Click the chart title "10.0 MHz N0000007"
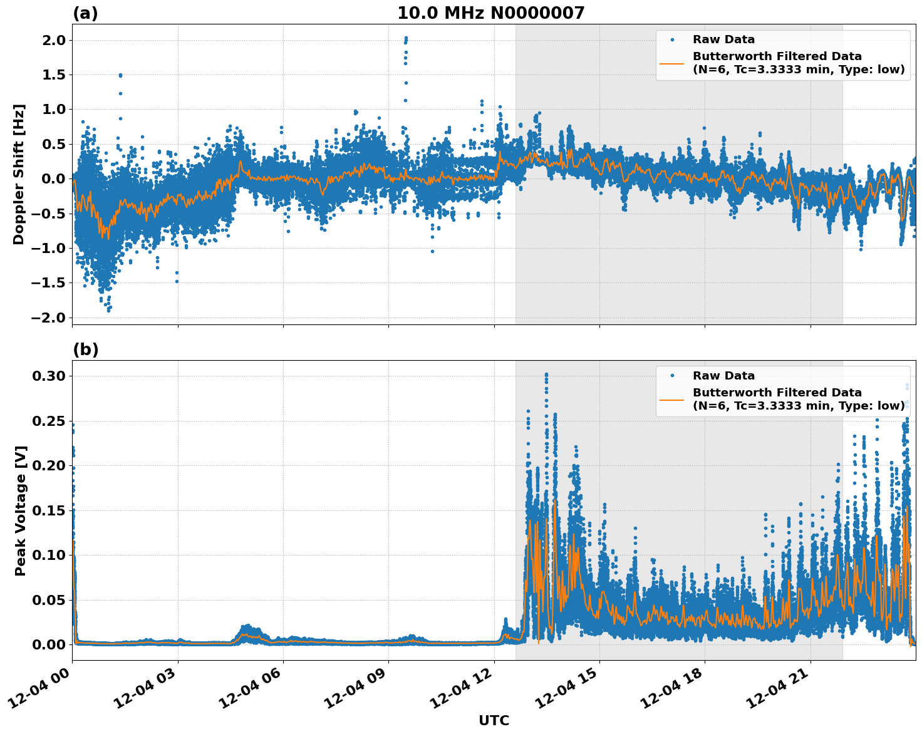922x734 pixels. (x=490, y=13)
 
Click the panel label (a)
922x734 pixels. (x=85, y=13)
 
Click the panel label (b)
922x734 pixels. (x=85, y=349)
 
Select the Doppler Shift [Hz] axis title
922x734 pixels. (x=19, y=174)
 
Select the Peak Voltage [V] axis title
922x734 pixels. (x=20, y=510)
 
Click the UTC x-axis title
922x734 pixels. (x=494, y=720)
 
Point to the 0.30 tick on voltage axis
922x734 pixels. (x=48, y=376)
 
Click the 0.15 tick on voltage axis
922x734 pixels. (x=48, y=510)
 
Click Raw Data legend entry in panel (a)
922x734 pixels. (x=723, y=40)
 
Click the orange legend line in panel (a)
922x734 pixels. (x=671, y=63)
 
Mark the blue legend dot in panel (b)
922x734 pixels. (x=672, y=376)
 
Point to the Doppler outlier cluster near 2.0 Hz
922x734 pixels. (x=405, y=47)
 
